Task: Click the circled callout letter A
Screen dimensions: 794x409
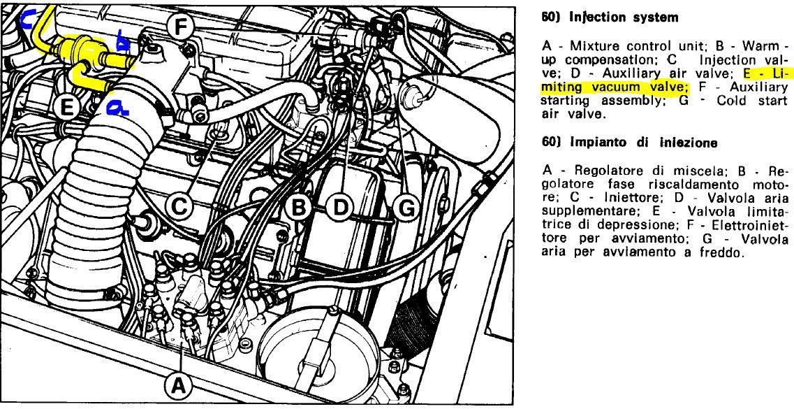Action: pyautogui.click(x=178, y=387)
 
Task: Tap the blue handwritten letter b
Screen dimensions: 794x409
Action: pyautogui.click(x=122, y=41)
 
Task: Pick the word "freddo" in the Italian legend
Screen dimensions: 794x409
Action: pyautogui.click(x=721, y=264)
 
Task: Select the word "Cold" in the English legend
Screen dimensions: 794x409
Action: pyautogui.click(x=733, y=101)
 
